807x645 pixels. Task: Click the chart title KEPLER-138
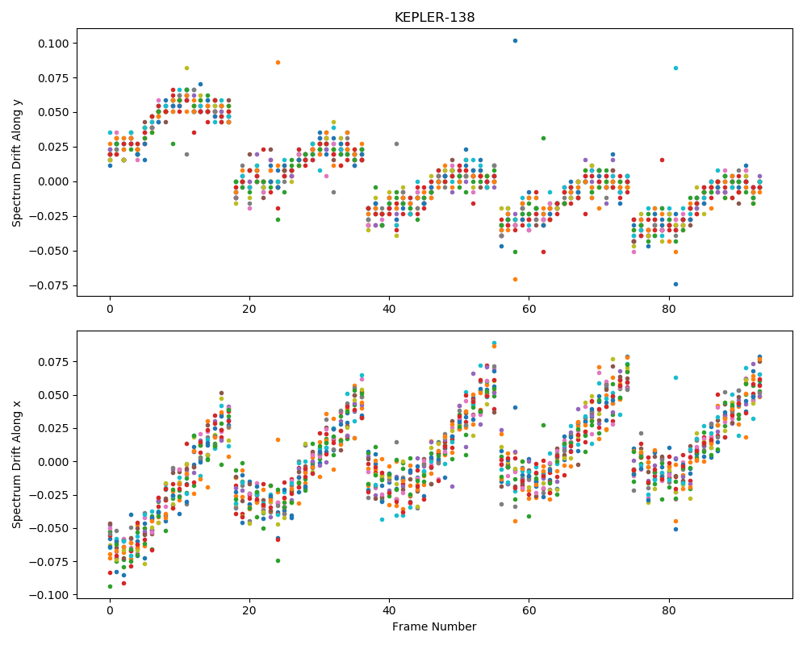tap(434, 18)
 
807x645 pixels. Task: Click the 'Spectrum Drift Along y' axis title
tap(17, 162)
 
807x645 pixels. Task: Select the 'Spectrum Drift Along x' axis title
tap(17, 464)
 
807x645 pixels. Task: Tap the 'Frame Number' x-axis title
tap(434, 626)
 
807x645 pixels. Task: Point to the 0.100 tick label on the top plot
tap(53, 44)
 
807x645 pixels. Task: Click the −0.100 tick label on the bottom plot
tap(49, 595)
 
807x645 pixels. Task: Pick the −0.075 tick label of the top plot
tap(49, 285)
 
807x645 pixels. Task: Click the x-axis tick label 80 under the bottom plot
tap(669, 611)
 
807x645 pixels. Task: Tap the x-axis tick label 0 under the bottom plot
tap(110, 611)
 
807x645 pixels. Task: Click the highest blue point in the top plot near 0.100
tap(515, 40)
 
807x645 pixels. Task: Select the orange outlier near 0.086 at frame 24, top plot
tap(278, 62)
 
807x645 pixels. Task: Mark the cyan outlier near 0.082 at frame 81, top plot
tap(675, 68)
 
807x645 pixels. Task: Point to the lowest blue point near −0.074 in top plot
tap(675, 284)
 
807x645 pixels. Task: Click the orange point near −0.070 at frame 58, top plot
tap(515, 279)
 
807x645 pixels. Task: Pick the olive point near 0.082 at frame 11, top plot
tap(187, 68)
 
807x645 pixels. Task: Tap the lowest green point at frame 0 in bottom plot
tap(110, 586)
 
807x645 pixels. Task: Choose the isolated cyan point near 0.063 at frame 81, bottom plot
tap(675, 377)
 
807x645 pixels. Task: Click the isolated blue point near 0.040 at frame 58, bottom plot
tap(515, 407)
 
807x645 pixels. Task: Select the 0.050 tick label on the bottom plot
tap(53, 395)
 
